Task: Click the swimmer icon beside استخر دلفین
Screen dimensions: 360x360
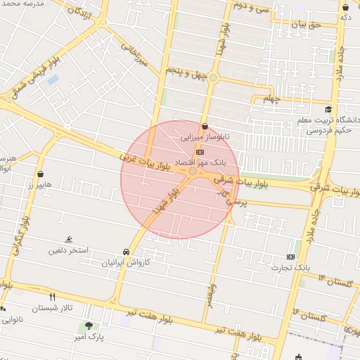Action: point(69,240)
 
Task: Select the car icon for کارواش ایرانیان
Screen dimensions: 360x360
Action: point(125,252)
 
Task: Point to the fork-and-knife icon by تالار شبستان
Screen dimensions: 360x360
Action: point(51,297)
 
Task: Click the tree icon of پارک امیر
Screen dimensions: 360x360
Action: point(89,326)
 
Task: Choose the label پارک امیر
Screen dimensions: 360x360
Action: point(89,337)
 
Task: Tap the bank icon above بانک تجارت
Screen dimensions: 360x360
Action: point(290,257)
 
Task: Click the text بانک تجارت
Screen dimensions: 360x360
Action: point(293,268)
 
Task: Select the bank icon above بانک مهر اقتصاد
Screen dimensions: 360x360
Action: point(200,152)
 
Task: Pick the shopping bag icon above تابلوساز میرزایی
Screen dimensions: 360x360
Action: point(205,127)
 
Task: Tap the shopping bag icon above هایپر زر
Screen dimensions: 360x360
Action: point(40,174)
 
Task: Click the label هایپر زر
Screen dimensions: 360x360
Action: point(40,185)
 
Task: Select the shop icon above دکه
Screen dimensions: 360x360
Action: point(345,7)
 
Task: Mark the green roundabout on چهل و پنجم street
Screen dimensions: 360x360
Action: point(212,77)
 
